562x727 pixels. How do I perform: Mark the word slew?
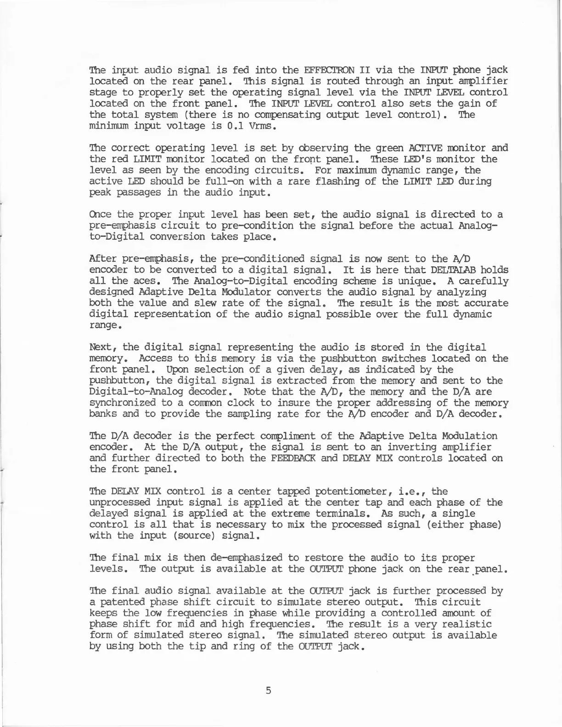click(210, 303)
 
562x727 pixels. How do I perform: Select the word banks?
click(103, 414)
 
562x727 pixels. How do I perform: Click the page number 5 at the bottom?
click(269, 690)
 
